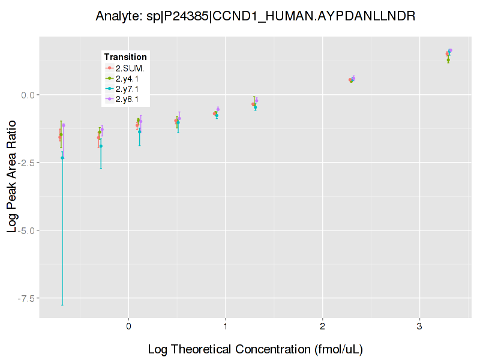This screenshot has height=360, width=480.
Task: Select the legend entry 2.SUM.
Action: click(x=130, y=68)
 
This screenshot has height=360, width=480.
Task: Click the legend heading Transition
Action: click(x=125, y=57)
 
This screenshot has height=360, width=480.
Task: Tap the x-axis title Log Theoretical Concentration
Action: click(x=255, y=349)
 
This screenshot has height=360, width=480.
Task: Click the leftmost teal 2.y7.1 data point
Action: click(x=62, y=157)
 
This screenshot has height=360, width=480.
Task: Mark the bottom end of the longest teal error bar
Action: click(x=62, y=305)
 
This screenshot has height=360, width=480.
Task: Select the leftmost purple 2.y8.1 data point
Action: click(x=64, y=125)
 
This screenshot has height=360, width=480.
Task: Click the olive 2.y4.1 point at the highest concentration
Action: click(x=448, y=60)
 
